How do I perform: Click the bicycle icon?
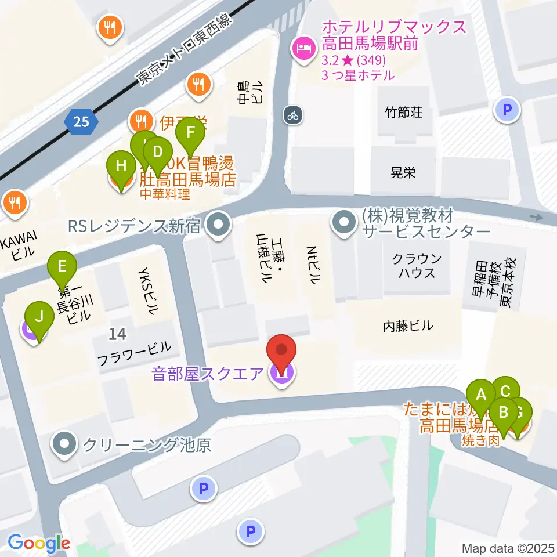292,115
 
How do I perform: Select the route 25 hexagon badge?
81,121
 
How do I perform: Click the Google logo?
39,544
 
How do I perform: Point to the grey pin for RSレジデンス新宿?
218,225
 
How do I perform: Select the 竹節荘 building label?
404,111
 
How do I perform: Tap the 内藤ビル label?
408,325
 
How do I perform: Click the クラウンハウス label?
417,266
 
